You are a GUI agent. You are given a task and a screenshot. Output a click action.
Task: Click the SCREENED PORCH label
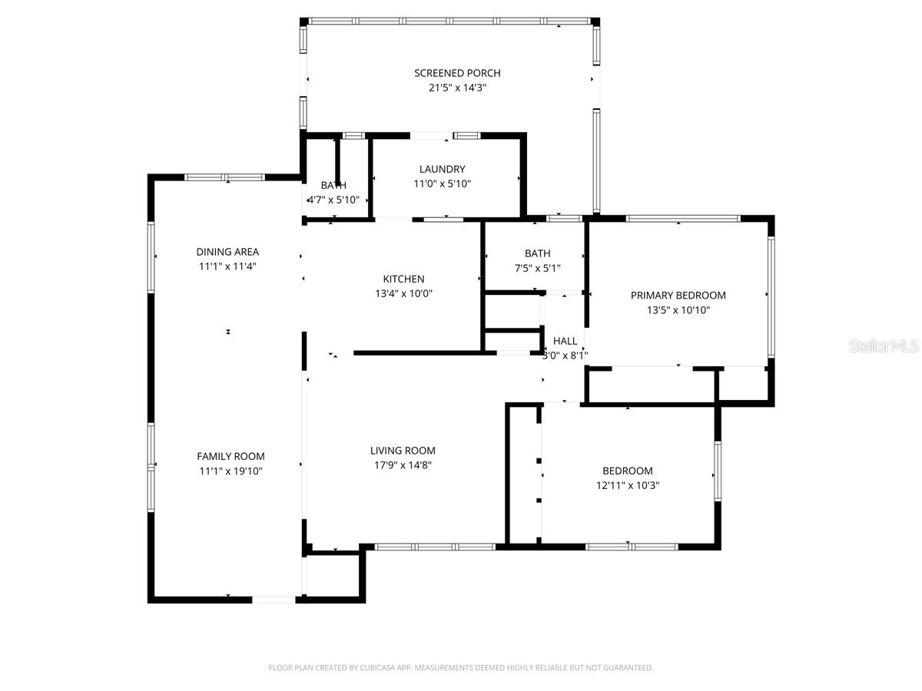tap(457, 73)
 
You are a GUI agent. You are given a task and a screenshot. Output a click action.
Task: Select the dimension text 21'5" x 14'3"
tap(457, 88)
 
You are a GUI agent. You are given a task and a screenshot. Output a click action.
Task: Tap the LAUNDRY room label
tap(442, 169)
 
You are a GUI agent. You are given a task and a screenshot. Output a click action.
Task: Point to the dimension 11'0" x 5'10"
tap(442, 183)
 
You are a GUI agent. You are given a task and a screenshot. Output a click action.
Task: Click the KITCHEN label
tap(403, 279)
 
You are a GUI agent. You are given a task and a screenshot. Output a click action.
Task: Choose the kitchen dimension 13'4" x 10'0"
tap(403, 293)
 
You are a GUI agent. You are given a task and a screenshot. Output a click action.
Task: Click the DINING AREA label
tap(227, 252)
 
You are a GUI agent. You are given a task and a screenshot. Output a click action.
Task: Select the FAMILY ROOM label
tap(230, 456)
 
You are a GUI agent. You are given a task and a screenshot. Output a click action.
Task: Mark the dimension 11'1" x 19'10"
tap(230, 471)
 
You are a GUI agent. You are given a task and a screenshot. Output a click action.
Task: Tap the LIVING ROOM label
tap(403, 451)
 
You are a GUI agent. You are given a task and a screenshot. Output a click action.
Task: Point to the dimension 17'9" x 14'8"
tap(403, 465)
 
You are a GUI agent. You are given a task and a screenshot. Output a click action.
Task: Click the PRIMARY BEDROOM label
tap(678, 296)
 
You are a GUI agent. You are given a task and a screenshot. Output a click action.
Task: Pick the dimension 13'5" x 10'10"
tap(678, 310)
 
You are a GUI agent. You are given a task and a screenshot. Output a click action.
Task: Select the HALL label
tap(565, 341)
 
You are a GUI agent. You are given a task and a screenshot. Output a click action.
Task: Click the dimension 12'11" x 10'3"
tap(628, 485)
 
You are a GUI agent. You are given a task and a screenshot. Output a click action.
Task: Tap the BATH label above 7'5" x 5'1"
tap(537, 253)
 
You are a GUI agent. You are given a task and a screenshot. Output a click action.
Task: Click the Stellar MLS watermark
tap(883, 347)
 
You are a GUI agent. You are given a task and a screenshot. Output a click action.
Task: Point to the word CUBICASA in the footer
tap(379, 668)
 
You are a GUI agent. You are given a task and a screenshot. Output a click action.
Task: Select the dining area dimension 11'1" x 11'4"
tap(227, 266)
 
